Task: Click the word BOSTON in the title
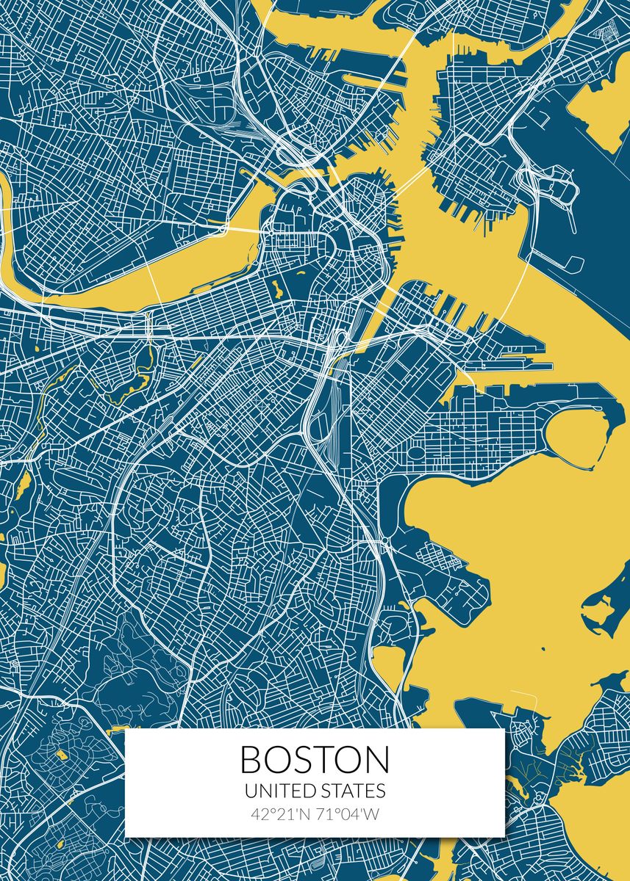(x=315, y=760)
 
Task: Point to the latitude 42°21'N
(x=280, y=814)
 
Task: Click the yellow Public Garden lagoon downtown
(x=278, y=287)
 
